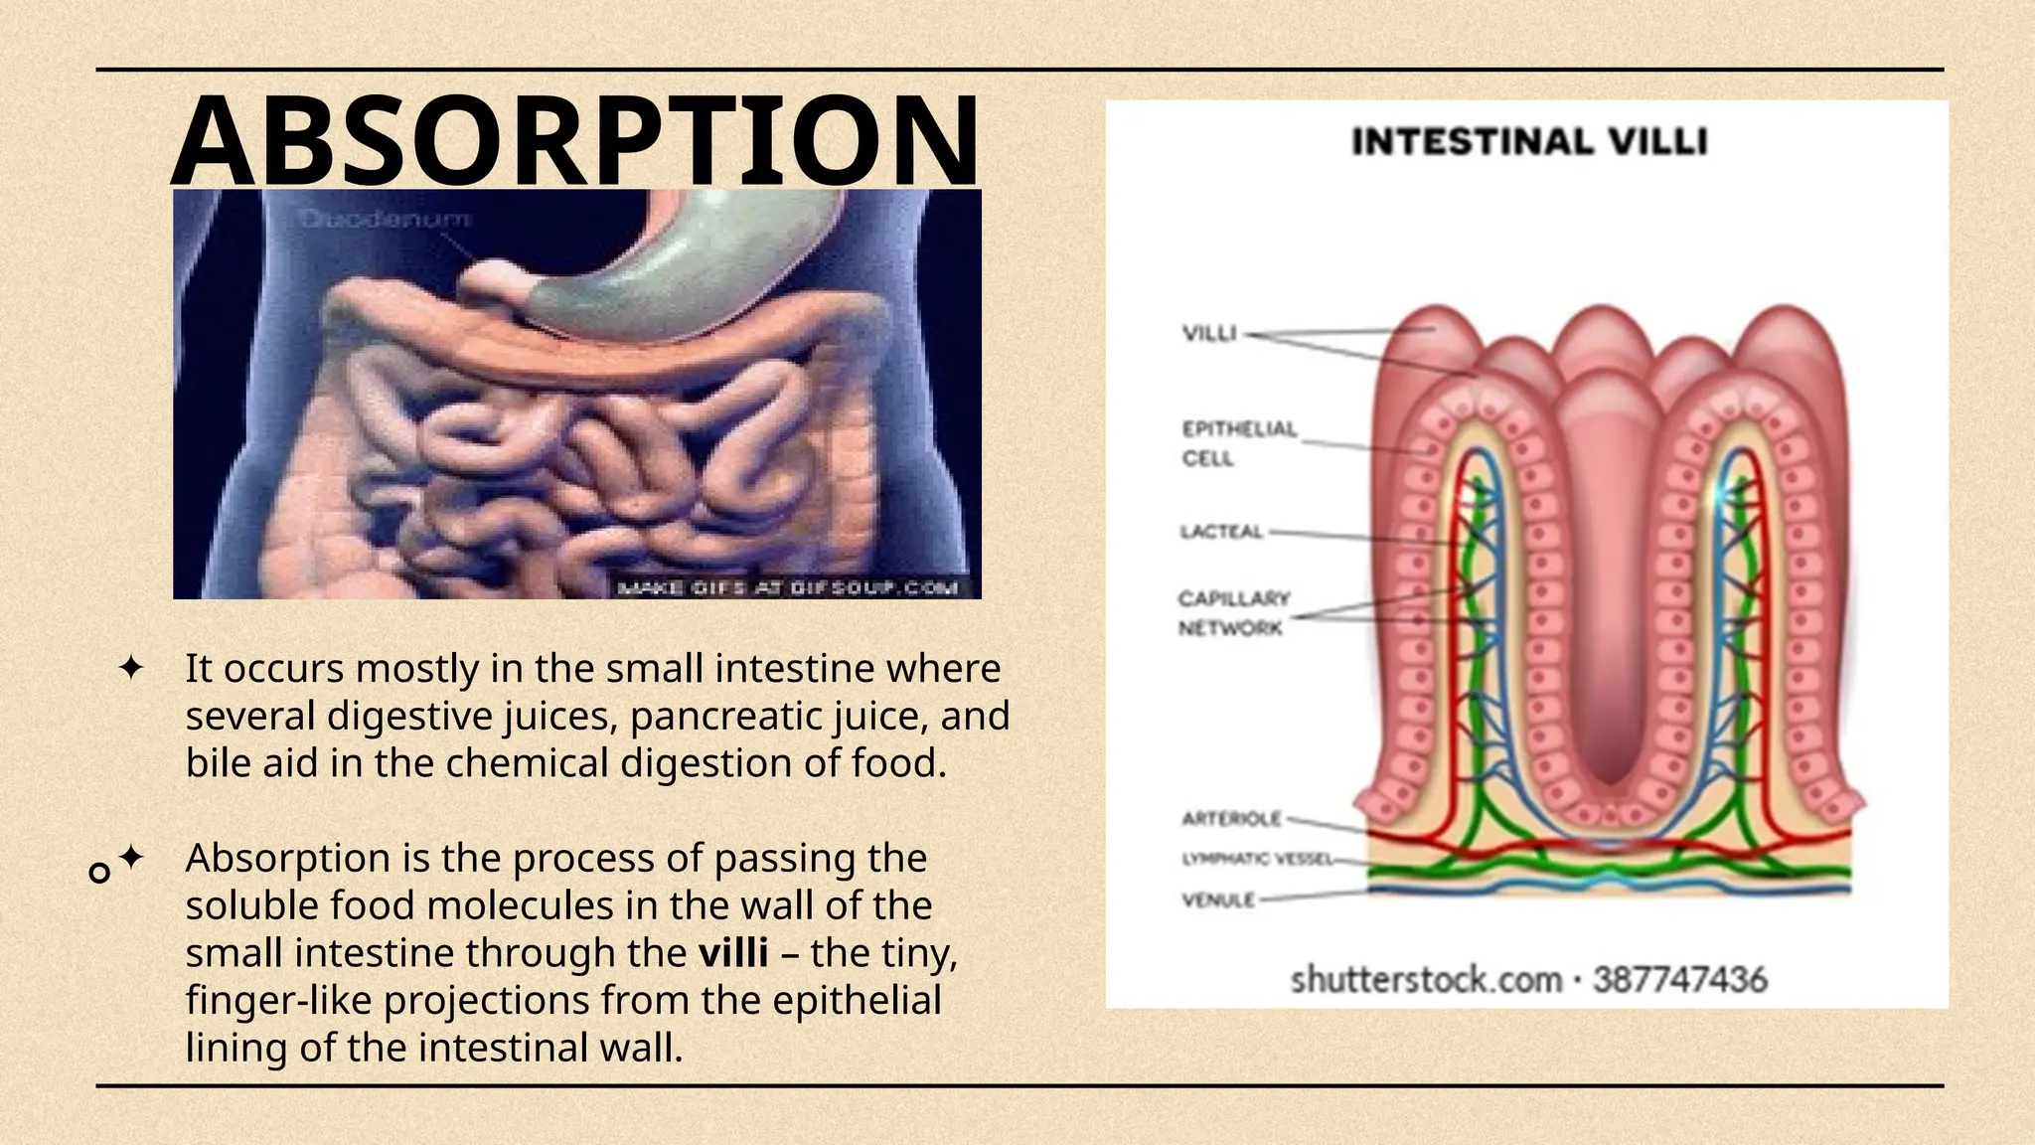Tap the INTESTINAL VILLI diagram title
click(1529, 142)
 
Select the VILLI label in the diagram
click(1209, 333)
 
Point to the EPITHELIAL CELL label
click(1238, 443)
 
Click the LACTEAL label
click(1221, 532)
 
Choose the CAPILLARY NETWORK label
click(1233, 612)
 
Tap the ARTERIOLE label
click(1231, 819)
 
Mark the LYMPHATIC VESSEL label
click(1256, 859)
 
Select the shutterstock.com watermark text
click(1426, 980)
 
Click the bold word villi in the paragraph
click(733, 953)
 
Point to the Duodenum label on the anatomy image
click(386, 219)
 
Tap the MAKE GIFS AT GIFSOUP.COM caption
click(787, 587)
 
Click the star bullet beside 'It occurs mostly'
click(130, 668)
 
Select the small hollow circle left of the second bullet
click(99, 874)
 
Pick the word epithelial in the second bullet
click(857, 1000)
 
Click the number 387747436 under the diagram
click(1680, 980)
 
